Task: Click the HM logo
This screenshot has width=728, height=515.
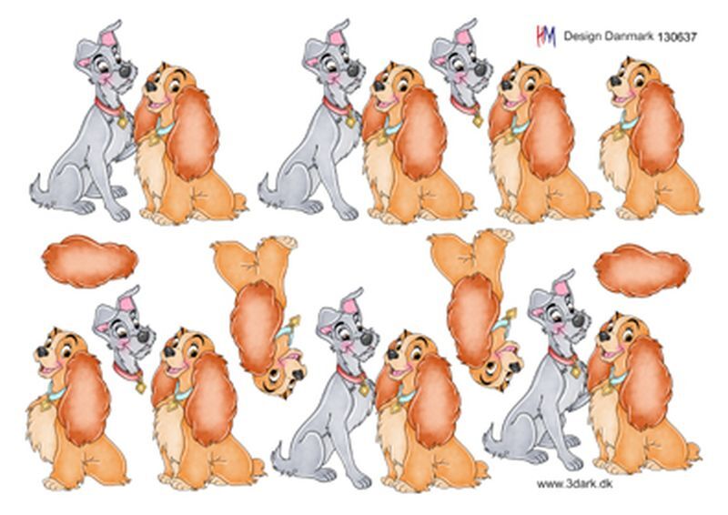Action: pos(546,35)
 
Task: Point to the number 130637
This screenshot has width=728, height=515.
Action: pos(676,36)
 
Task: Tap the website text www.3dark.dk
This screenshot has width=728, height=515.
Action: pos(574,484)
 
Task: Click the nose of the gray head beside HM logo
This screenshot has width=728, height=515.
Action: pos(480,70)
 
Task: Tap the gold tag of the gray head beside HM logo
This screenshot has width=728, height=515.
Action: pos(478,121)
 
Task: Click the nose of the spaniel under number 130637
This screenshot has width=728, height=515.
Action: pos(616,80)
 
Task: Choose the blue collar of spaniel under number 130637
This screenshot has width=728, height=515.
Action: pos(628,122)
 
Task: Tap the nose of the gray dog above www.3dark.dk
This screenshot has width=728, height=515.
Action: pos(578,320)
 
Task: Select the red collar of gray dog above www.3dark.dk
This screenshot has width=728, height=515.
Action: pos(561,358)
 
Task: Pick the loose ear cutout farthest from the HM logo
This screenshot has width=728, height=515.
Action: pos(89,261)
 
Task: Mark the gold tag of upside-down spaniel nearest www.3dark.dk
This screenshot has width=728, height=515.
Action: pos(511,316)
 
